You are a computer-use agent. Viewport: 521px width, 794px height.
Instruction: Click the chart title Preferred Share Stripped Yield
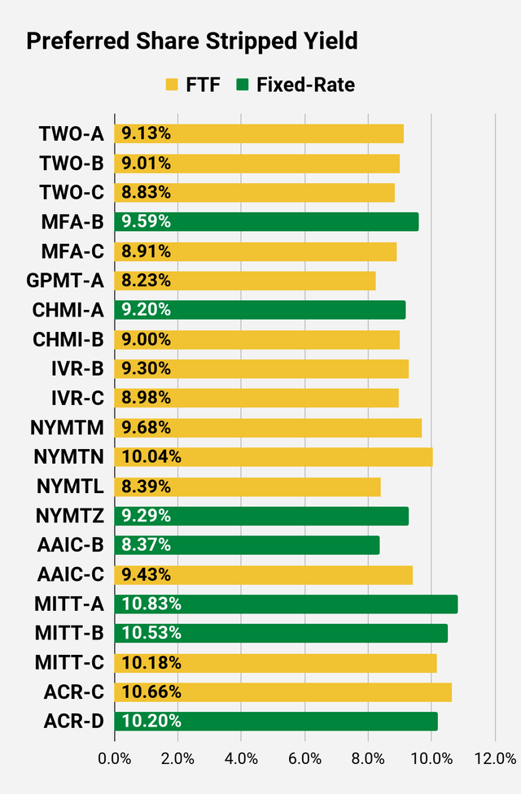(192, 41)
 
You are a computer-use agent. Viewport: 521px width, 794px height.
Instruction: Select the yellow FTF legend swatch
(172, 85)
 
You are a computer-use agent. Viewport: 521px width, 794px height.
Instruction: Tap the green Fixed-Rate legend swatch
(243, 85)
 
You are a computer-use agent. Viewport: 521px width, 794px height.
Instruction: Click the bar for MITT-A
(286, 604)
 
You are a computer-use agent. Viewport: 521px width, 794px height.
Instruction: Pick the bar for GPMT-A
(245, 281)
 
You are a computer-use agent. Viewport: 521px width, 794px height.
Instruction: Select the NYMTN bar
(274, 457)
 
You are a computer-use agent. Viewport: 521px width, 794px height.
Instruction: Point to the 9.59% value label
(147, 222)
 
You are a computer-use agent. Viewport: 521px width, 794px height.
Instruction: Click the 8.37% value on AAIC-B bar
(147, 545)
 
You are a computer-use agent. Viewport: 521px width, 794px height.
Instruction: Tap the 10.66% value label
(151, 691)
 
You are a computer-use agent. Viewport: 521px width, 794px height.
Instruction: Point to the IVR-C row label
(76, 398)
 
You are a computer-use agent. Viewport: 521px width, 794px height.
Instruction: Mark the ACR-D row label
(73, 721)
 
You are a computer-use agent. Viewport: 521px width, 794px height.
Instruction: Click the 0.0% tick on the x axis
(114, 758)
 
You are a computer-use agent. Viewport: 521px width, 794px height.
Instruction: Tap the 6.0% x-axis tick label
(304, 758)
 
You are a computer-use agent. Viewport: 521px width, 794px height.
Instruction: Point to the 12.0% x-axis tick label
(495, 758)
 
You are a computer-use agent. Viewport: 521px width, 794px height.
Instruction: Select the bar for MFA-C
(256, 251)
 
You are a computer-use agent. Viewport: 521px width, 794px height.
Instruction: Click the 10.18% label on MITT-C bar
(151, 662)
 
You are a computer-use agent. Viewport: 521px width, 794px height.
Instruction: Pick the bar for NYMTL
(247, 486)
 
